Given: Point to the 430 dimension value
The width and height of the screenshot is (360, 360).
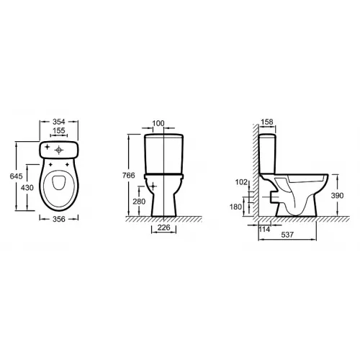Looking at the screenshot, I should [27, 186].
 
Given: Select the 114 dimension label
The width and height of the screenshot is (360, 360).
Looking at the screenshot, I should [264, 229].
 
